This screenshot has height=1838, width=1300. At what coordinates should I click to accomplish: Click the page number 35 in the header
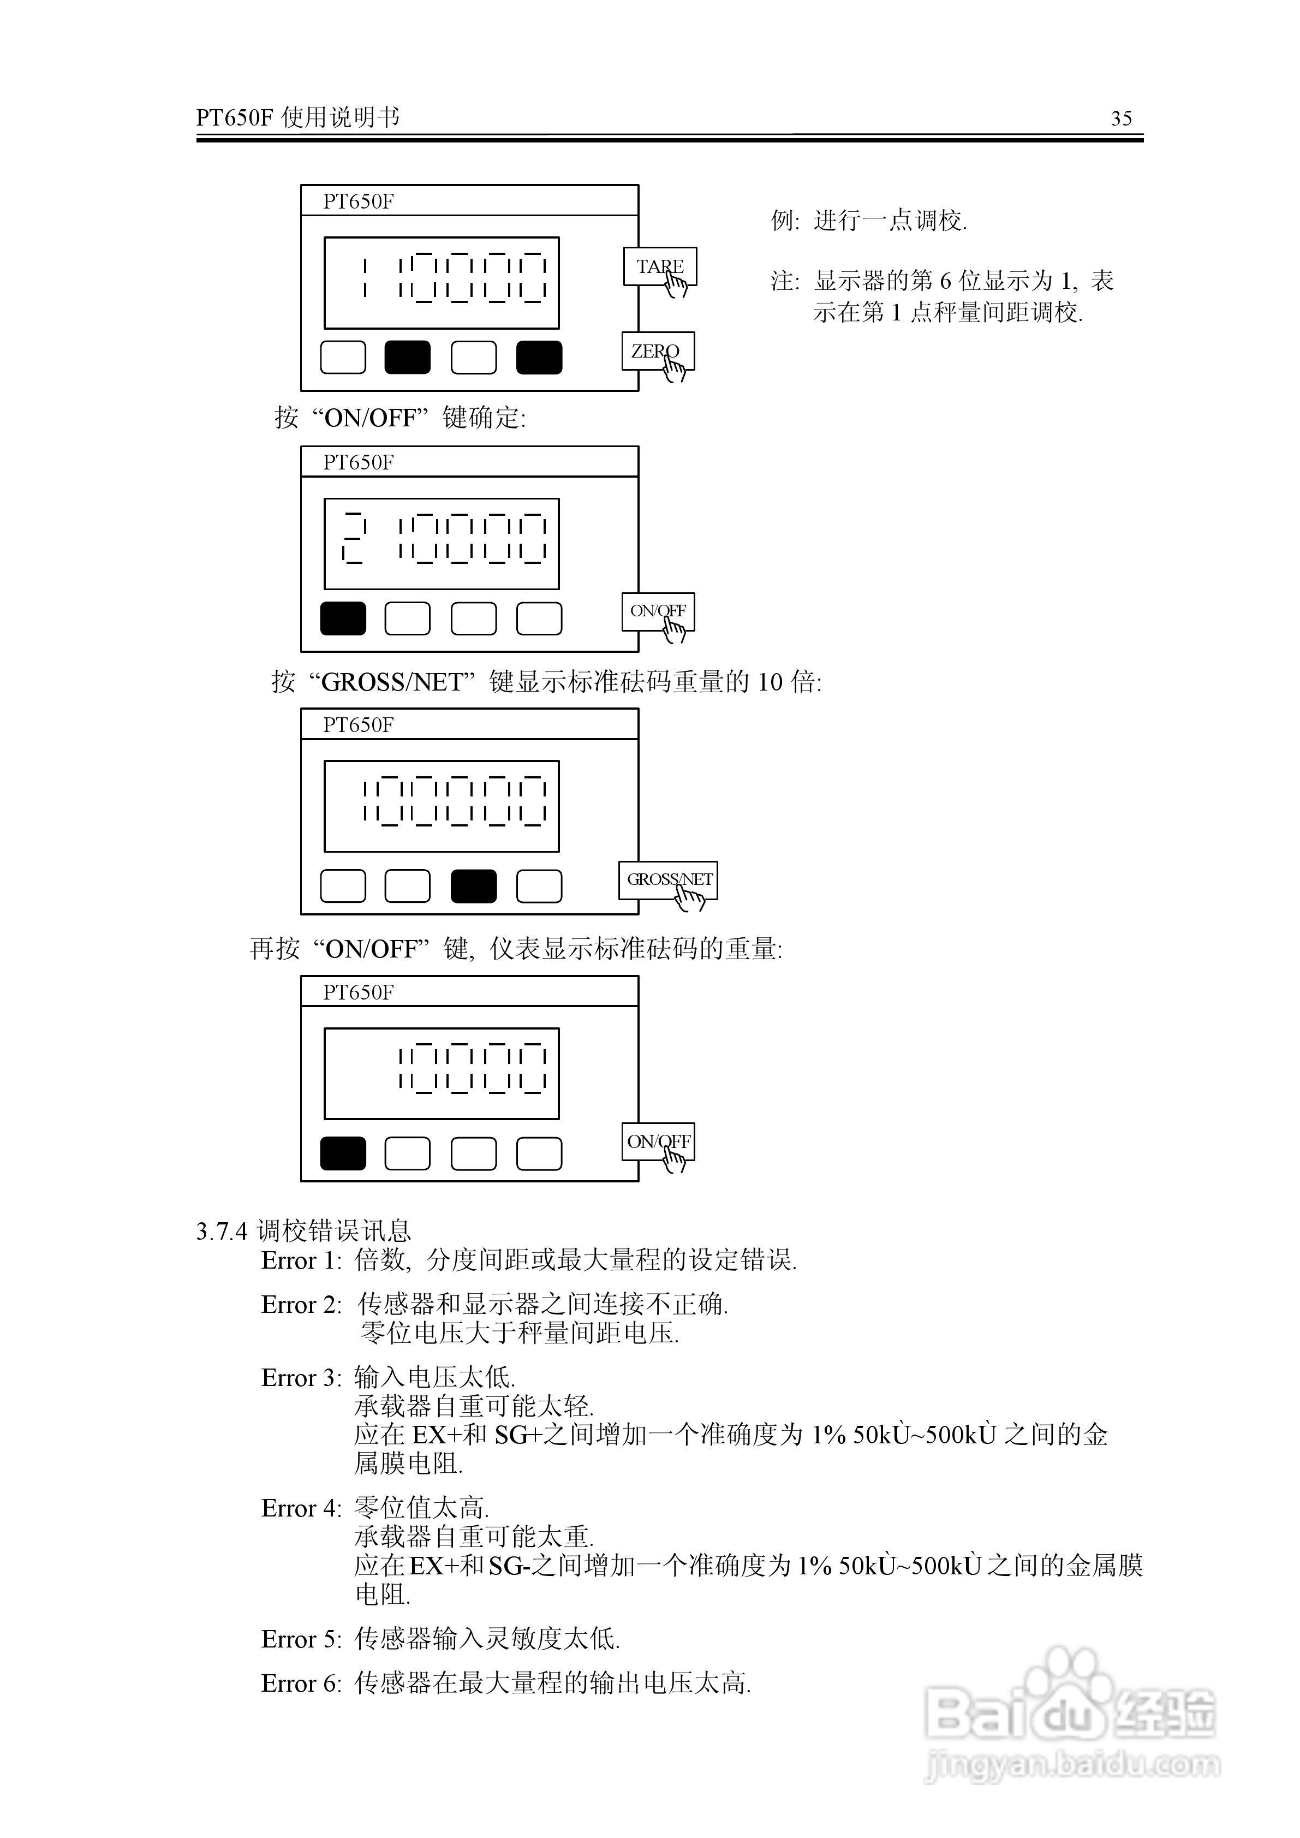coord(1122,118)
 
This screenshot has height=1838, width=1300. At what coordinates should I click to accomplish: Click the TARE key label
coord(660,266)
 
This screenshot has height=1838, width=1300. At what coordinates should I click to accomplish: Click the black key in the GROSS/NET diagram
coord(473,886)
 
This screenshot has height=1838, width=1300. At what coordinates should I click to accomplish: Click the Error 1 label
coord(301,1261)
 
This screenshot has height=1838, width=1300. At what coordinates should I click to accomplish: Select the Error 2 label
coord(301,1305)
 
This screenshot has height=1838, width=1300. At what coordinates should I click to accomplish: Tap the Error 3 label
coord(301,1378)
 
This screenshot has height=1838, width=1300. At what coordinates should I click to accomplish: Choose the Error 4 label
coord(301,1508)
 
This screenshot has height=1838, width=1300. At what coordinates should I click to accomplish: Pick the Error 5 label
coord(301,1639)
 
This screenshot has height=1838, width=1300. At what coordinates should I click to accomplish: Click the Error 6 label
coord(301,1684)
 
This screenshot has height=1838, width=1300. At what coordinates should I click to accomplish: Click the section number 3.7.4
coord(222,1231)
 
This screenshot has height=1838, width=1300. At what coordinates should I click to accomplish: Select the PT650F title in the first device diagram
coord(358,201)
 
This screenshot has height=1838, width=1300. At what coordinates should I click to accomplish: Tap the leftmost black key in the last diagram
coord(343,1153)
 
